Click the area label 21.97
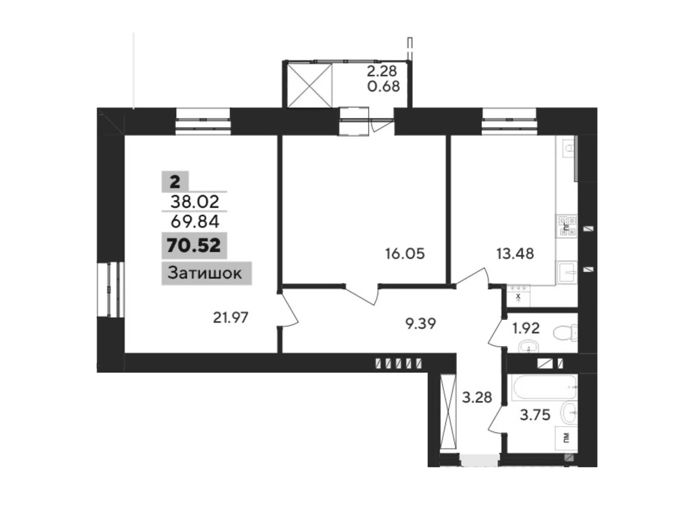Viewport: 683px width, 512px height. point(231,317)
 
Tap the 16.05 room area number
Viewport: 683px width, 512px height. point(405,254)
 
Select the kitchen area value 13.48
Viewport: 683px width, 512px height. point(515,254)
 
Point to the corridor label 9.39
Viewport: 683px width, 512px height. point(420,324)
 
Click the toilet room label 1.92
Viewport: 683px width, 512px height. point(526,328)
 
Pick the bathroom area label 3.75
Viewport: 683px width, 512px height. point(535,414)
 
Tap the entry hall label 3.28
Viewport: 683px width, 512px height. point(477,397)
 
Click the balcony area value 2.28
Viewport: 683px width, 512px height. point(382,70)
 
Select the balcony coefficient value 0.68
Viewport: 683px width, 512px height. point(383,86)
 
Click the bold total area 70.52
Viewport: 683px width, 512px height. point(194,245)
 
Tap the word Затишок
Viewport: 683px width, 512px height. point(205,273)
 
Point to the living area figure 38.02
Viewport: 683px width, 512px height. point(195,201)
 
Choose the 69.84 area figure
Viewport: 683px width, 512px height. point(195,221)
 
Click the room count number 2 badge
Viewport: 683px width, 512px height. point(175,182)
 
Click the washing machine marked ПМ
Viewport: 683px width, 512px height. point(566,437)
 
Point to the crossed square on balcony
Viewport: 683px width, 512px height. point(310,85)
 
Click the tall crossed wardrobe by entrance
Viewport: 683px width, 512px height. point(448,411)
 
